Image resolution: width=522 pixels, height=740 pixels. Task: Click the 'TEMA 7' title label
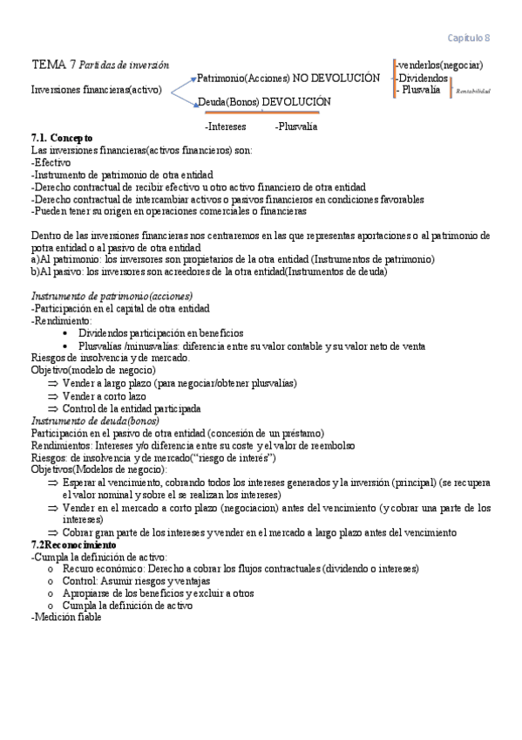pyautogui.click(x=52, y=65)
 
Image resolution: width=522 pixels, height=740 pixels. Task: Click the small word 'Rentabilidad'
pyautogui.click(x=473, y=91)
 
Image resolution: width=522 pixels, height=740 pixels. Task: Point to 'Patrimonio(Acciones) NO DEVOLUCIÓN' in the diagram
pyautogui.click(x=288, y=78)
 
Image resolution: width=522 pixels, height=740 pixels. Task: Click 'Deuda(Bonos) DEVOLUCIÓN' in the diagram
pyautogui.click(x=264, y=102)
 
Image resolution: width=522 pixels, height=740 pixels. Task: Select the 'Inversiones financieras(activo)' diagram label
pyautogui.click(x=96, y=90)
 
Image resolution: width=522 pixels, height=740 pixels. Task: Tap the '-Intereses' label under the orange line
pyautogui.click(x=225, y=127)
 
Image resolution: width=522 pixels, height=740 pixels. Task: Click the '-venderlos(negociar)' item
pyautogui.click(x=439, y=65)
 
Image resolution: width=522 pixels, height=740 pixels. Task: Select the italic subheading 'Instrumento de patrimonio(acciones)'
pyautogui.click(x=112, y=297)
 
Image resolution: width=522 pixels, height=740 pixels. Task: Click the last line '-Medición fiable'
pyautogui.click(x=66, y=617)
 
